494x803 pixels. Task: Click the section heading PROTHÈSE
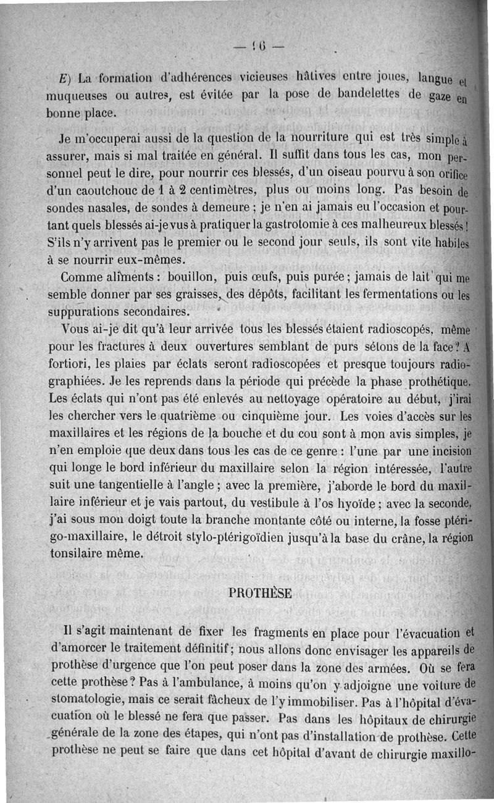[260, 593]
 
